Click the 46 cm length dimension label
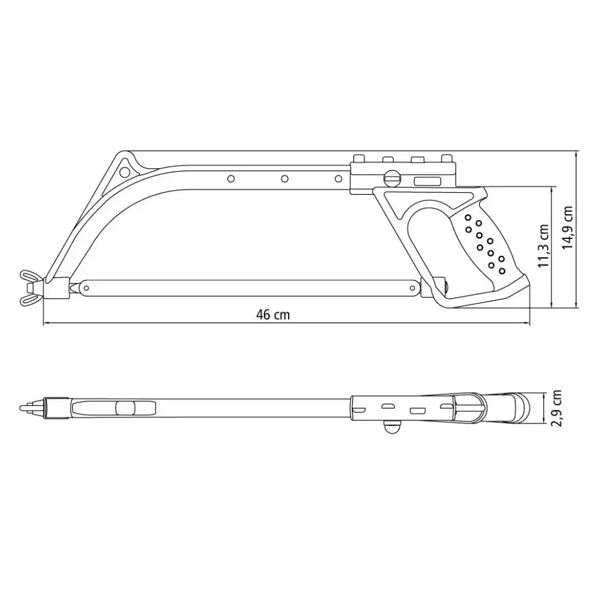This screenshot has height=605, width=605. [273, 315]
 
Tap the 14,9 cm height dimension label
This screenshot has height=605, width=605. [567, 227]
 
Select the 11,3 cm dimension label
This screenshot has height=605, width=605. [544, 246]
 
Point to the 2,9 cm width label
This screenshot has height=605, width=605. [557, 408]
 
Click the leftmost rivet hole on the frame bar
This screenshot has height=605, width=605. [231, 178]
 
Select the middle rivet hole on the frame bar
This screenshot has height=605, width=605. [285, 178]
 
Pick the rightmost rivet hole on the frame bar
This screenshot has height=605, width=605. [338, 178]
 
